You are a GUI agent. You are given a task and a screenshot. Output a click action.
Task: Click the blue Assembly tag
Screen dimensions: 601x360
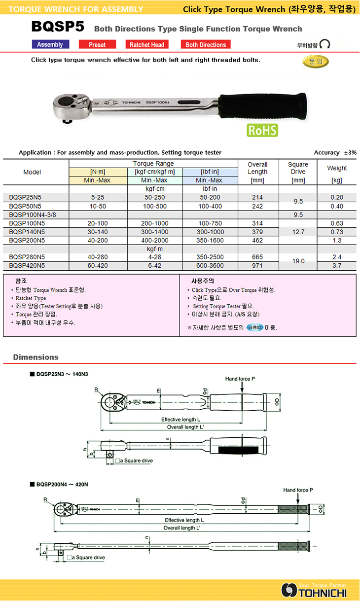[x=50, y=44]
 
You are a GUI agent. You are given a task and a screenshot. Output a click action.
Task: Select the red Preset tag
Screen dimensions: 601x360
[x=97, y=44]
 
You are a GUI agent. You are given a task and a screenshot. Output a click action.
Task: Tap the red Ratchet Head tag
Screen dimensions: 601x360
[x=146, y=44]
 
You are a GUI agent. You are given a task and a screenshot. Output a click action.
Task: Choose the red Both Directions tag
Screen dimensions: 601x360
[x=206, y=44]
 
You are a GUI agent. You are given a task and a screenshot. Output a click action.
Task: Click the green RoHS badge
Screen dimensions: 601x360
[x=262, y=130]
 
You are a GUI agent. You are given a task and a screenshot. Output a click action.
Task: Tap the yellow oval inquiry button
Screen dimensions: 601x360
[x=316, y=62]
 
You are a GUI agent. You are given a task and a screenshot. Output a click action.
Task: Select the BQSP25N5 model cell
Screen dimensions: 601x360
[x=25, y=197]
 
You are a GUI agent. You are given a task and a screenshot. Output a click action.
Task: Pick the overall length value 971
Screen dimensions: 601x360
[x=257, y=266]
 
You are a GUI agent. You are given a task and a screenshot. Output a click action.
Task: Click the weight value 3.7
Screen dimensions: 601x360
[x=337, y=266]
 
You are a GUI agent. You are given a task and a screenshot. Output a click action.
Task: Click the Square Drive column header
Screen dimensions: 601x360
[x=298, y=168]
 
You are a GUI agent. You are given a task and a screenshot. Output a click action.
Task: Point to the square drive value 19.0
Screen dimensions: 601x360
[x=298, y=261]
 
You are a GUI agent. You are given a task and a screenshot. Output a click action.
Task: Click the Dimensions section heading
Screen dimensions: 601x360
[x=36, y=357]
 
